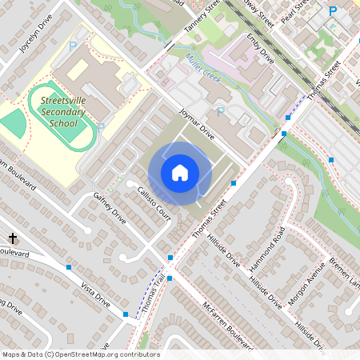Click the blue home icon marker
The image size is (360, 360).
(x=179, y=173)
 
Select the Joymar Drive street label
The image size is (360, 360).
(x=196, y=124)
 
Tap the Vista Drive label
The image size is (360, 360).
(x=95, y=290)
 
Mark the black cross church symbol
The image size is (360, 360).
(x=13, y=238)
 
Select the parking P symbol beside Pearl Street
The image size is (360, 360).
(x=333, y=10)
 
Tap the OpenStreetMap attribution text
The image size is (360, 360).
(x=80, y=354)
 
